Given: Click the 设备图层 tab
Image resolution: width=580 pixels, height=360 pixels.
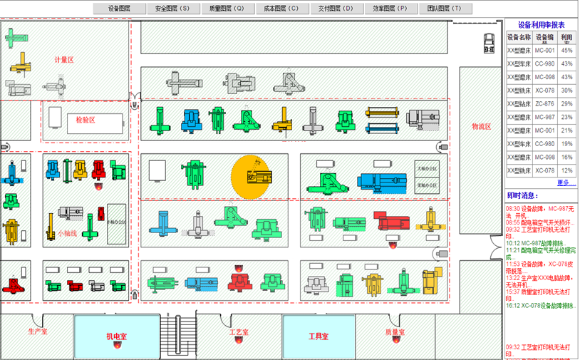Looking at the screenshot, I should [x=120, y=9].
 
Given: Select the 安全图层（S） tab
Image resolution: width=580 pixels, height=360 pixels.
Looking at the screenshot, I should [x=172, y=9].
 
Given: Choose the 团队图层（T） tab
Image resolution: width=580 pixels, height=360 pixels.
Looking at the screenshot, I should [x=444, y=9].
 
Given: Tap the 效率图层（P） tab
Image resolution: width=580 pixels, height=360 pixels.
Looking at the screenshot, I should [x=390, y=9].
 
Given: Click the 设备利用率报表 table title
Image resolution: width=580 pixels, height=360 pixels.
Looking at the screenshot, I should [x=541, y=24].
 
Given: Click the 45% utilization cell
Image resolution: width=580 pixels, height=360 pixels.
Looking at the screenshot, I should [x=566, y=51].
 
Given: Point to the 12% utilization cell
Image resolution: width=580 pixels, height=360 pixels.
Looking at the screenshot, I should [x=566, y=171].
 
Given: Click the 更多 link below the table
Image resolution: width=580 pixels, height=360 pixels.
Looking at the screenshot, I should [x=566, y=183].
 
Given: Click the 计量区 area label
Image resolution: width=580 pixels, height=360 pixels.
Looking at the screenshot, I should [x=64, y=60].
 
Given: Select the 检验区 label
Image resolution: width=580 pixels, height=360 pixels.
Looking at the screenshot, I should [x=86, y=120].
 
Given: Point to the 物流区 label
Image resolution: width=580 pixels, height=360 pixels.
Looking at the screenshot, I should [x=482, y=127].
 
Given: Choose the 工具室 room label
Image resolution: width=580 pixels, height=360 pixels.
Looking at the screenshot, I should [x=318, y=336].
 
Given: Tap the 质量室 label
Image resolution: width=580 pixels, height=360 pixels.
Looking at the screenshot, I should [x=395, y=332].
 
